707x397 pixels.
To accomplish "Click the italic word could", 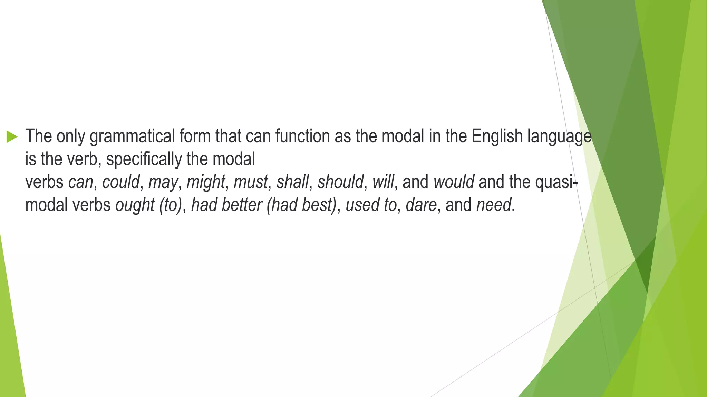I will click(x=121, y=182).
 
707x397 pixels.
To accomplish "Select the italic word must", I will click(x=251, y=182).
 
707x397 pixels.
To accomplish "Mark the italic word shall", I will click(x=292, y=182).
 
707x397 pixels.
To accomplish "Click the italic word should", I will click(x=340, y=182).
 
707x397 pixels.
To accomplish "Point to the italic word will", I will click(x=383, y=182).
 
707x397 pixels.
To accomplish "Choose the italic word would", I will click(x=454, y=182).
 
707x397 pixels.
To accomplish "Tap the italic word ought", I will click(x=135, y=205).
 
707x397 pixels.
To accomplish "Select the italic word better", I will click(x=242, y=205).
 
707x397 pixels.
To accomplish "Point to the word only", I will click(x=71, y=136).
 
